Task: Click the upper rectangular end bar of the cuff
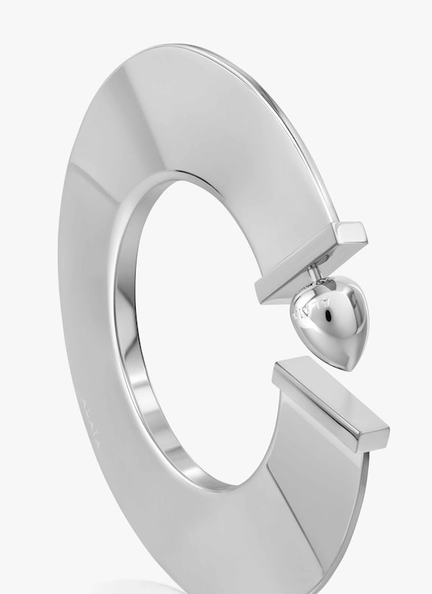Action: tap(310, 262)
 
